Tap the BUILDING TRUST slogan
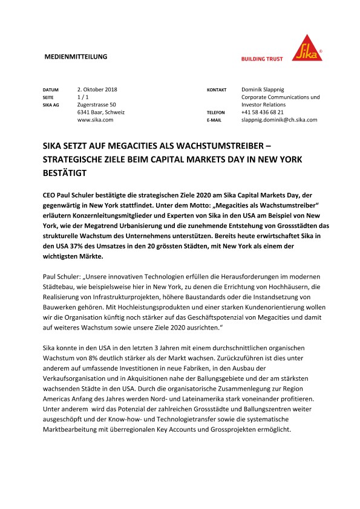point(263,59)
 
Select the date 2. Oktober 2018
point(97,89)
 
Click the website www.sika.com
point(96,120)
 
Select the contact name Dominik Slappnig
point(266,89)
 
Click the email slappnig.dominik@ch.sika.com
point(279,120)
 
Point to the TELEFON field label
point(216,113)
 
